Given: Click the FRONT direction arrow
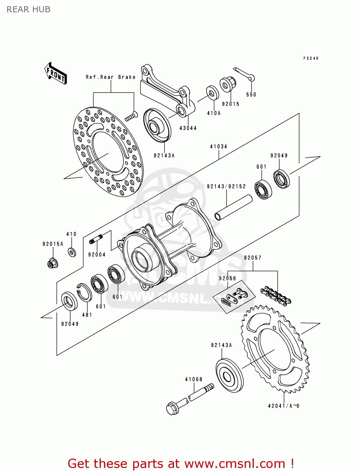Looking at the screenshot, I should coord(56,73).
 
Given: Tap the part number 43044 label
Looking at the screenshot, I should coord(188,128).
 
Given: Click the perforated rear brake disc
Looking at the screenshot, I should coord(108,152).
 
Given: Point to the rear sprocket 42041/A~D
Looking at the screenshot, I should coord(275,349).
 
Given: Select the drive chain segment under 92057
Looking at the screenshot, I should coord(276,295).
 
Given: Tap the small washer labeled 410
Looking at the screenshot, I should coord(72,252).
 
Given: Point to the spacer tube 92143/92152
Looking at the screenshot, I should coord(233,208).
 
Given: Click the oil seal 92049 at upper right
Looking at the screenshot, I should coord(281,179).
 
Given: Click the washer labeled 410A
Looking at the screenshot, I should coord(213,93).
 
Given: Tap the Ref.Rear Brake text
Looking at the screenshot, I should coord(111,77).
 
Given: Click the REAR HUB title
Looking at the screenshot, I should coord(29,9).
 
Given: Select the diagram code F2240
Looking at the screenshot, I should coord(311,58).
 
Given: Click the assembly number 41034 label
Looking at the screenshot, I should coord(218,147).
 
